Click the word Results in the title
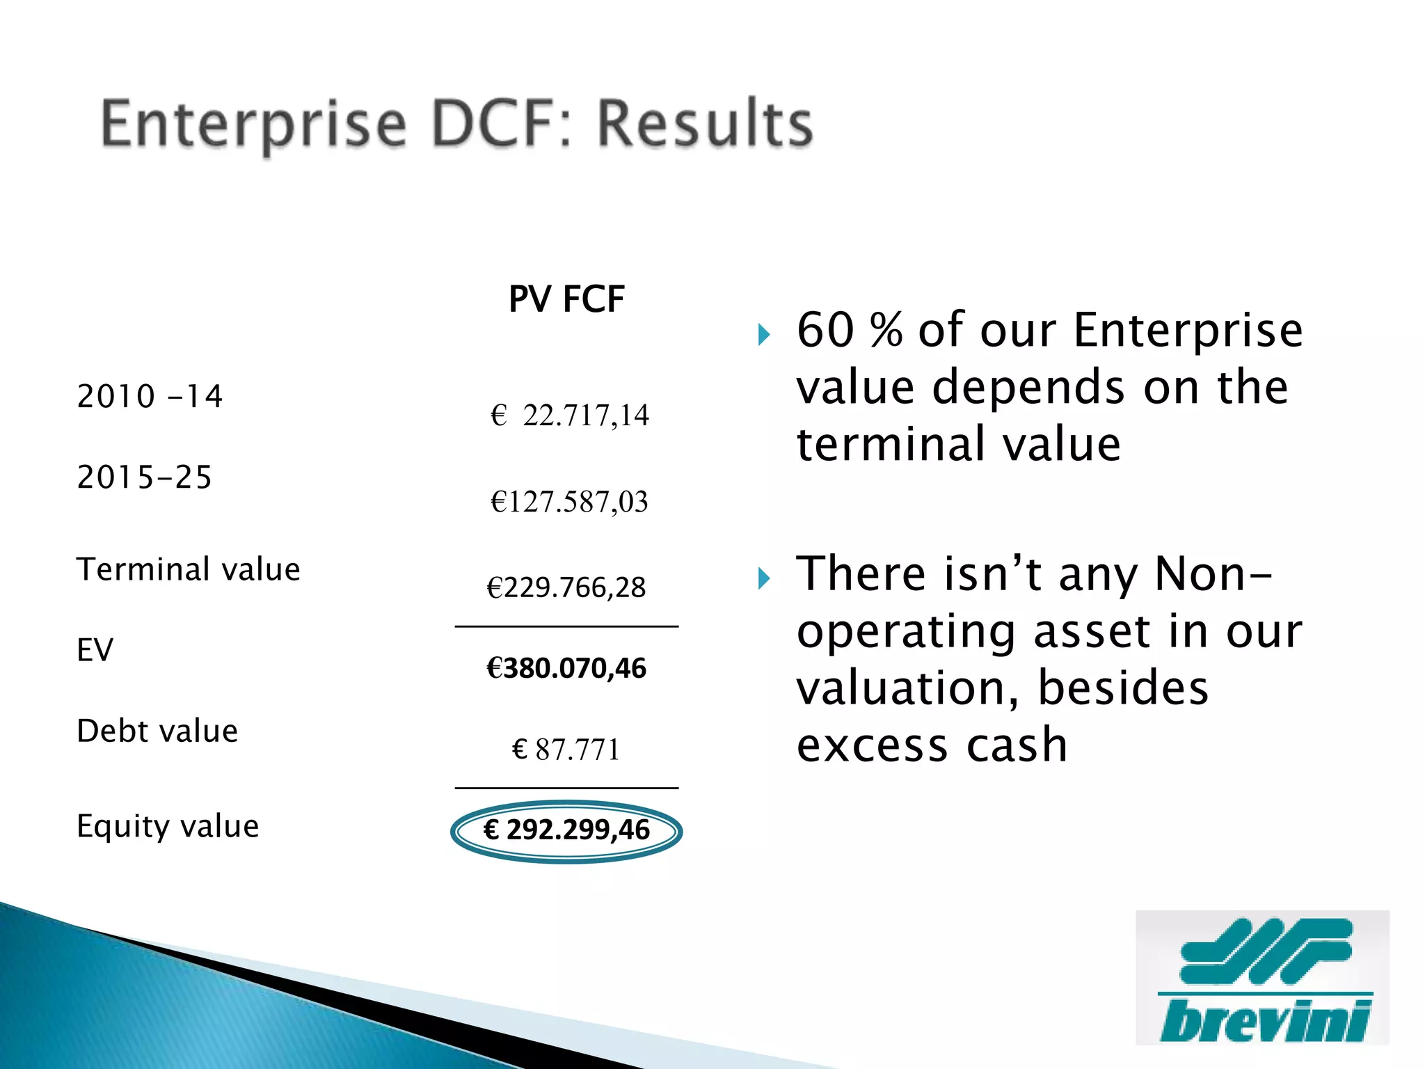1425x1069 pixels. [x=705, y=124]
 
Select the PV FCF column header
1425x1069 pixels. [x=566, y=299]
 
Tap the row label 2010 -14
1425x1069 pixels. [x=150, y=396]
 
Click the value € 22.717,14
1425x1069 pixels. [x=569, y=415]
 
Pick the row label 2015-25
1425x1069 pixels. [x=144, y=477]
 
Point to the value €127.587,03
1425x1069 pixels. [x=569, y=502]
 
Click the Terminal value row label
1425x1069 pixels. [x=189, y=569]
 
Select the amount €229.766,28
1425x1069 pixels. [x=566, y=587]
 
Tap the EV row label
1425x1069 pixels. [x=95, y=650]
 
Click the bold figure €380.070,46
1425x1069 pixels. [x=566, y=668]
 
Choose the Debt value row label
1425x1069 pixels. [x=157, y=731]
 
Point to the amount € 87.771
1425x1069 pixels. [x=566, y=750]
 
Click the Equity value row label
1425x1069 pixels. [x=168, y=826]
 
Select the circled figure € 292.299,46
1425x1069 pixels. [x=566, y=830]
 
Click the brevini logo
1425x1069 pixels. [x=1262, y=978]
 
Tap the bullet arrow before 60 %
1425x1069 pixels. [x=764, y=335]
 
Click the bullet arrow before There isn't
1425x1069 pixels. [x=764, y=578]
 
